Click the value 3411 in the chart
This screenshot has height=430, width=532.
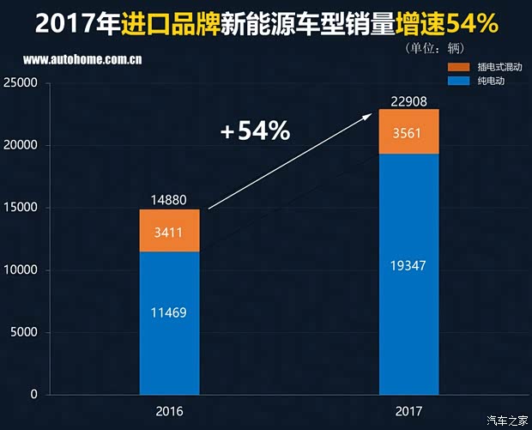169,232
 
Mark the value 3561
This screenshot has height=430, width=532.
409,133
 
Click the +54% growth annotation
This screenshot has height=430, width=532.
255,131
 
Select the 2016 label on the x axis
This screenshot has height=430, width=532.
169,409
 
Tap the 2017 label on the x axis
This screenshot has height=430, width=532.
409,409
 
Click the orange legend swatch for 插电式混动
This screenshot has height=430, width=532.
459,67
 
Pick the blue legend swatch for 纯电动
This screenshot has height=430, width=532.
459,81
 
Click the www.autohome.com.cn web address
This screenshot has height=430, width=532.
82,61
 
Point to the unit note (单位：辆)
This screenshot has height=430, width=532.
441,47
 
